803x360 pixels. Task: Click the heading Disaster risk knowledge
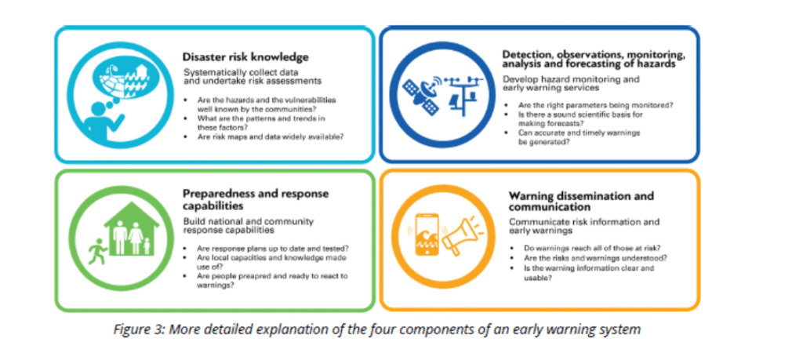[245, 56]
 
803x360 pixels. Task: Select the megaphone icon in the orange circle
[460, 235]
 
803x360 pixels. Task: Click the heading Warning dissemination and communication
[581, 202]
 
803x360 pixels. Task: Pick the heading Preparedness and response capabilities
[256, 200]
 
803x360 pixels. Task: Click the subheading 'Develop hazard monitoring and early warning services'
[571, 83]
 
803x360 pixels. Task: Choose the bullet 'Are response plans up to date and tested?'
[273, 249]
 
